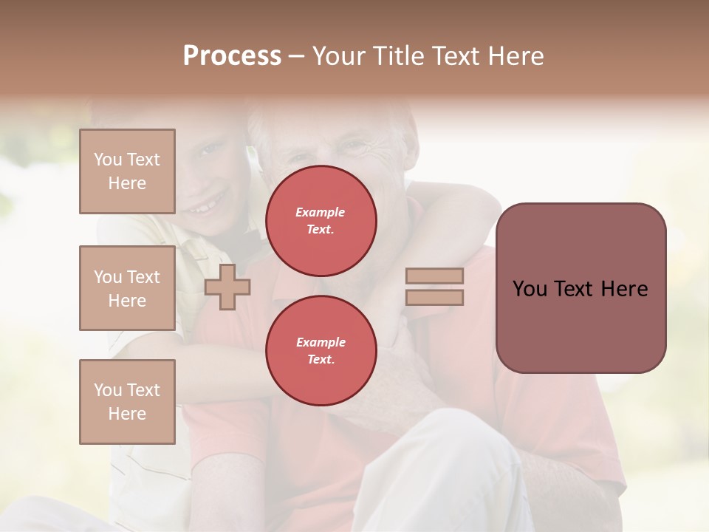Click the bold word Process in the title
pos(232,56)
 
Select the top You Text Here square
pos(127,171)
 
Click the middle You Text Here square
pos(127,288)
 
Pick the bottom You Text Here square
pos(127,402)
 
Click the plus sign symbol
pos(227,287)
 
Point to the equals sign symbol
pos(434,287)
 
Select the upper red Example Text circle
pos(321,221)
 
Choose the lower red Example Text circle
pos(321,350)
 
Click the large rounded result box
pos(580,288)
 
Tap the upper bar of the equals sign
pos(434,276)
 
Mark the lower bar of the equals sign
pos(434,297)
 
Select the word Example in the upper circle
pos(321,212)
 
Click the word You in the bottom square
pos(108,390)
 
